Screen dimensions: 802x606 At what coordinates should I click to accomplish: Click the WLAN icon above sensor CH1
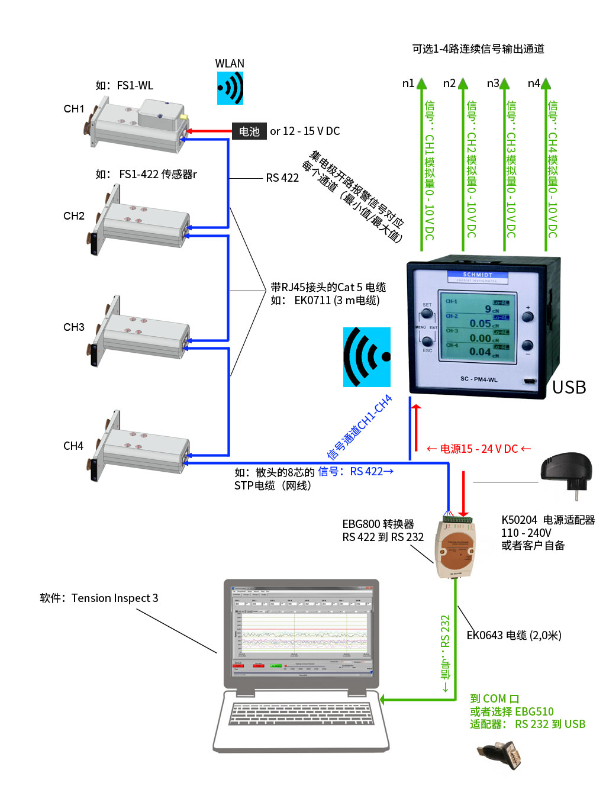(230, 88)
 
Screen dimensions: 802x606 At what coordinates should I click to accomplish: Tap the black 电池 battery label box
(249, 131)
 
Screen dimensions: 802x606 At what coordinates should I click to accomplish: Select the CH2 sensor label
(74, 216)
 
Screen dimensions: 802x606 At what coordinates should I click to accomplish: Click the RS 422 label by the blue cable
(282, 178)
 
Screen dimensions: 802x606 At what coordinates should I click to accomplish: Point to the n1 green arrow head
(421, 83)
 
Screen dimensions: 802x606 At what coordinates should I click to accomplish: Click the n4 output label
(534, 83)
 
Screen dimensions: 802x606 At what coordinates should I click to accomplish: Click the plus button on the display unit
(527, 316)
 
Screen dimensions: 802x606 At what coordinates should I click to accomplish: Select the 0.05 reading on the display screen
(480, 324)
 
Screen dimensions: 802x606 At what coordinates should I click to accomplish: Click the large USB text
(569, 387)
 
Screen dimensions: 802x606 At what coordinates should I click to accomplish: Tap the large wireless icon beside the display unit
(367, 357)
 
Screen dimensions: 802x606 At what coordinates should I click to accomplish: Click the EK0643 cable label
(514, 636)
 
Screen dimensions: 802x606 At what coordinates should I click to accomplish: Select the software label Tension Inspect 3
(99, 598)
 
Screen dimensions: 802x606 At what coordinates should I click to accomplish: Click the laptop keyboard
(301, 713)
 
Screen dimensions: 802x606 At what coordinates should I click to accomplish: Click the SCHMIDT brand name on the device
(477, 275)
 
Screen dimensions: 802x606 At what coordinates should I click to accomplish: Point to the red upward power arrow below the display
(416, 426)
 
